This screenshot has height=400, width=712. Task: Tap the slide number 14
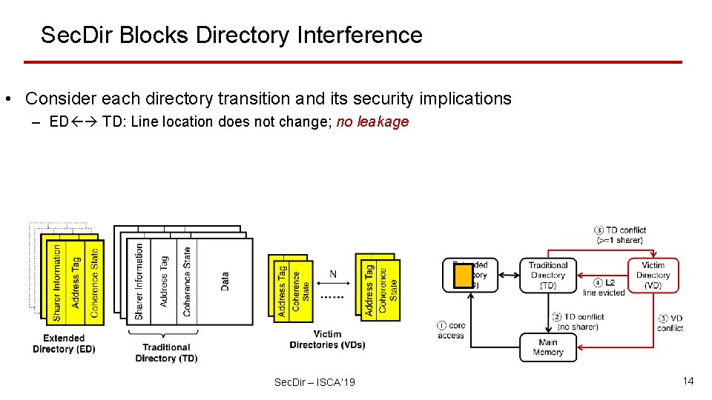point(688,381)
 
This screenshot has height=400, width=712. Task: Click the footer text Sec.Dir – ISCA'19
point(314,382)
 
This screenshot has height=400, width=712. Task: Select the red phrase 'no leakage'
point(372,122)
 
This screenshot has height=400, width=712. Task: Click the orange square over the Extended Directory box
point(464,276)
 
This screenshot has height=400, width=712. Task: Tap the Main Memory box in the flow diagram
point(547,347)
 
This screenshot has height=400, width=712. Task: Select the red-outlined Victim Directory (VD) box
point(653,275)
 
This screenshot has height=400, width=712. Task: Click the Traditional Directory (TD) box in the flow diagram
point(548,275)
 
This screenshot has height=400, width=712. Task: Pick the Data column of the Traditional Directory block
point(225,281)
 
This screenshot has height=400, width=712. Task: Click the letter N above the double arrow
point(333,275)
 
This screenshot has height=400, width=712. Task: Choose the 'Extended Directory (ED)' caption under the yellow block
point(64,344)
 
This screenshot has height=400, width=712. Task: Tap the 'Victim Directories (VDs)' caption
point(327,340)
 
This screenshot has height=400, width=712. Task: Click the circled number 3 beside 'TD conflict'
point(599,230)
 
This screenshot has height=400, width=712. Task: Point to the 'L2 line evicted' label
point(604,288)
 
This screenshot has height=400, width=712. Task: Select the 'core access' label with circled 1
point(452,330)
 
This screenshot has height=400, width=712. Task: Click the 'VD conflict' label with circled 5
point(670,323)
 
